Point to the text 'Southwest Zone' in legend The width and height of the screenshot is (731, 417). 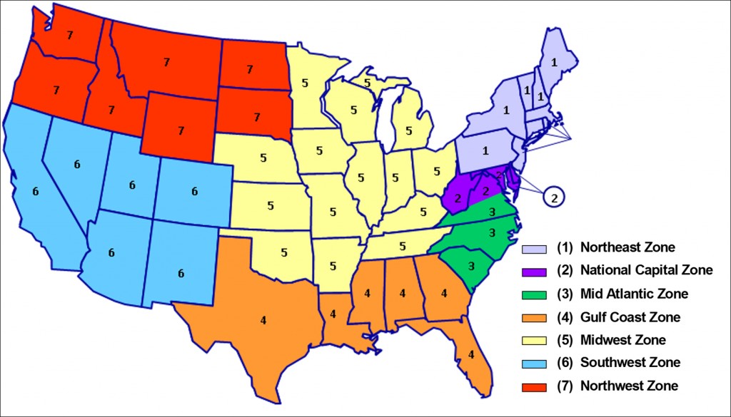pos(630,363)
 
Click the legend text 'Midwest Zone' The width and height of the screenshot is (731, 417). pos(622,340)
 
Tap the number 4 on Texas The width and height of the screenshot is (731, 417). pos(263,320)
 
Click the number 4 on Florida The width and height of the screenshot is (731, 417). pos(470,354)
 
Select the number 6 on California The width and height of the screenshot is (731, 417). pos(35,191)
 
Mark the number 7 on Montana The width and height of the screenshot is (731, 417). pos(166,62)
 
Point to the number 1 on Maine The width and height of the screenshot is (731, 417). pos(553,62)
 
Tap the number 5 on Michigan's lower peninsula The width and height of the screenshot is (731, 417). pos(409,130)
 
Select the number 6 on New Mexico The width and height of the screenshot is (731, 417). pos(181,273)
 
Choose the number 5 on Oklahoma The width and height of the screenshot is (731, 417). pos(284,252)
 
